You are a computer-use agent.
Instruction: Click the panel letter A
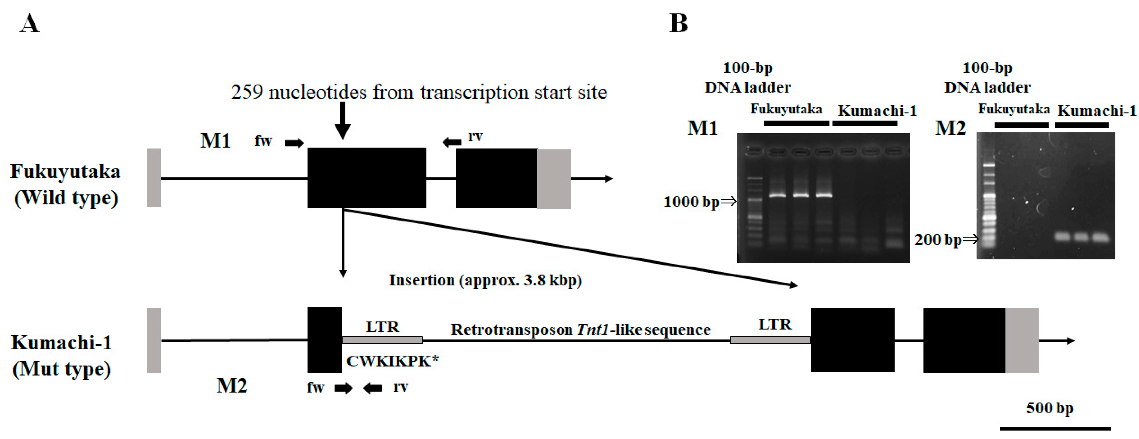30,24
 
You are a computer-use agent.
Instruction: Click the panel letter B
678,24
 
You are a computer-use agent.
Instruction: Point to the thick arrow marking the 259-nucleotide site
343,120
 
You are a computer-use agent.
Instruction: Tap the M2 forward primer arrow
343,388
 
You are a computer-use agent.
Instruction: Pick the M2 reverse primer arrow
373,388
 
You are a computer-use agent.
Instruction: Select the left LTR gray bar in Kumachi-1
382,340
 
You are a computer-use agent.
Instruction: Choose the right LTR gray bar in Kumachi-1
770,340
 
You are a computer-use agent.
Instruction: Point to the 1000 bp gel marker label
692,202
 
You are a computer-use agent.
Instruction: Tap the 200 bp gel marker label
938,239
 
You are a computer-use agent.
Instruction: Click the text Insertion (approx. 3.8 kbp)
485,280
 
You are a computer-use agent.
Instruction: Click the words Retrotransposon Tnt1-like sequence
580,330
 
